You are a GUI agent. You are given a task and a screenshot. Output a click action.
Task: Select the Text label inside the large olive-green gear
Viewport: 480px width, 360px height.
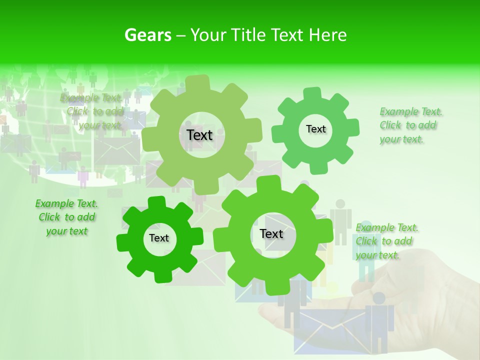click(200, 135)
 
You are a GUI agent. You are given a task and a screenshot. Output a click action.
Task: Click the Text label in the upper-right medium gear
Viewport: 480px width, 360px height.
click(315, 129)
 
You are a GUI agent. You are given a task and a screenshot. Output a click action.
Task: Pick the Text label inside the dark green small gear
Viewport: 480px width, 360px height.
click(159, 238)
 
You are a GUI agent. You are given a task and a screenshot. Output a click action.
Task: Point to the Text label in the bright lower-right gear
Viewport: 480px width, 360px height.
click(271, 233)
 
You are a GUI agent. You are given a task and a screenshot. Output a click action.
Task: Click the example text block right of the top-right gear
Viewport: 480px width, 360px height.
click(410, 125)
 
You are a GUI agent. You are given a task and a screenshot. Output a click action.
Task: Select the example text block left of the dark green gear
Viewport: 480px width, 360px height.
click(66, 217)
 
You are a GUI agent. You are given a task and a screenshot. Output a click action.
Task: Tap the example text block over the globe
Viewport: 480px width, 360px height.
click(92, 111)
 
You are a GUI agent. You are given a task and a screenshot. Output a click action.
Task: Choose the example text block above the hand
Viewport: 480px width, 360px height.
click(387, 241)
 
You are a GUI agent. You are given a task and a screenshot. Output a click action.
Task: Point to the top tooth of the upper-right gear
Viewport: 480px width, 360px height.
click(312, 93)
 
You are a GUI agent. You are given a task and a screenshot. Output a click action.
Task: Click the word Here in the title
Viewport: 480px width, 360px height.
click(327, 35)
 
